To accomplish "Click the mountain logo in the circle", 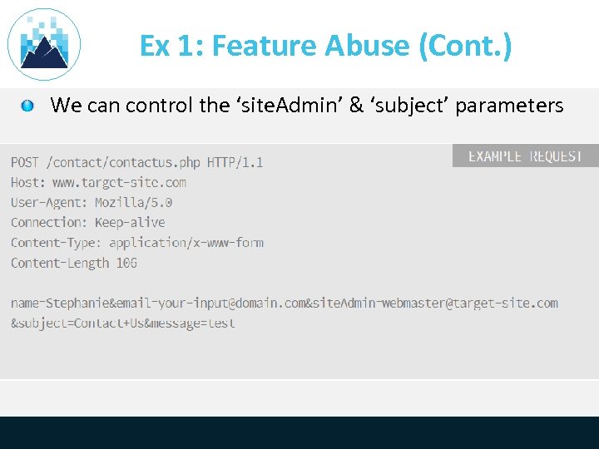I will [x=44, y=45].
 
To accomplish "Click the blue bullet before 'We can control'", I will [x=27, y=106].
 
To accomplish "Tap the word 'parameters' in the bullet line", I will [x=509, y=106].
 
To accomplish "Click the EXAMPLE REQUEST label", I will [x=525, y=156].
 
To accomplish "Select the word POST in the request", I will [x=25, y=162].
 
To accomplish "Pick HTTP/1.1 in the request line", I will [x=235, y=162].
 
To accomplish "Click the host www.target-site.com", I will [x=119, y=182].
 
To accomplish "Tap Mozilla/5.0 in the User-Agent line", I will [x=133, y=202].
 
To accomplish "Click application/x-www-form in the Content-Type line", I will [x=186, y=243].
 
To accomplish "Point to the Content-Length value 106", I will [x=126, y=263].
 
